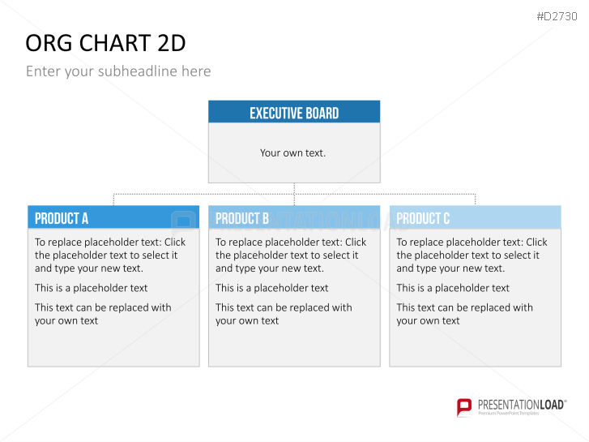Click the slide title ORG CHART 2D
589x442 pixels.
105,43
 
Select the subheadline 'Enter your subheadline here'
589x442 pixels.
118,71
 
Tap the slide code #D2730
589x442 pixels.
557,16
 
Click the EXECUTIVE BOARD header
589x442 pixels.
294,113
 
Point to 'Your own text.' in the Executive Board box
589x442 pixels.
292,153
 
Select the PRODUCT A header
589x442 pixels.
62,218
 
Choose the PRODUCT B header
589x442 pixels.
242,218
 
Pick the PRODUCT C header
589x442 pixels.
423,218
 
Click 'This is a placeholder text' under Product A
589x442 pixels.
92,288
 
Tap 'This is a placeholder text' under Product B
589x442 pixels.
272,288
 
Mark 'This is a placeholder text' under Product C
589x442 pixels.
453,288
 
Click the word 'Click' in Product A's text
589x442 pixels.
175,242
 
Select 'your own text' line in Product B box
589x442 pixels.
247,321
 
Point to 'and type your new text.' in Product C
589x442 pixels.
450,268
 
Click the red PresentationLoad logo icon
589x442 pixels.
464,407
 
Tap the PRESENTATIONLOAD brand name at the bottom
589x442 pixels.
521,405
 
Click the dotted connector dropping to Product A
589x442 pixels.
113,200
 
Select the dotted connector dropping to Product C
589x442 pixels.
476,200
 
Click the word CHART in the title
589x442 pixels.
115,43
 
